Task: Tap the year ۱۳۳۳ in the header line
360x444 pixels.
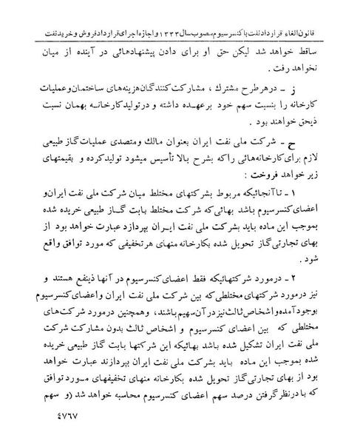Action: coord(193,13)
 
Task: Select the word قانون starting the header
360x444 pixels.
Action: coord(336,13)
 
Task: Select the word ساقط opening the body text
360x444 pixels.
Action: coord(327,35)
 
